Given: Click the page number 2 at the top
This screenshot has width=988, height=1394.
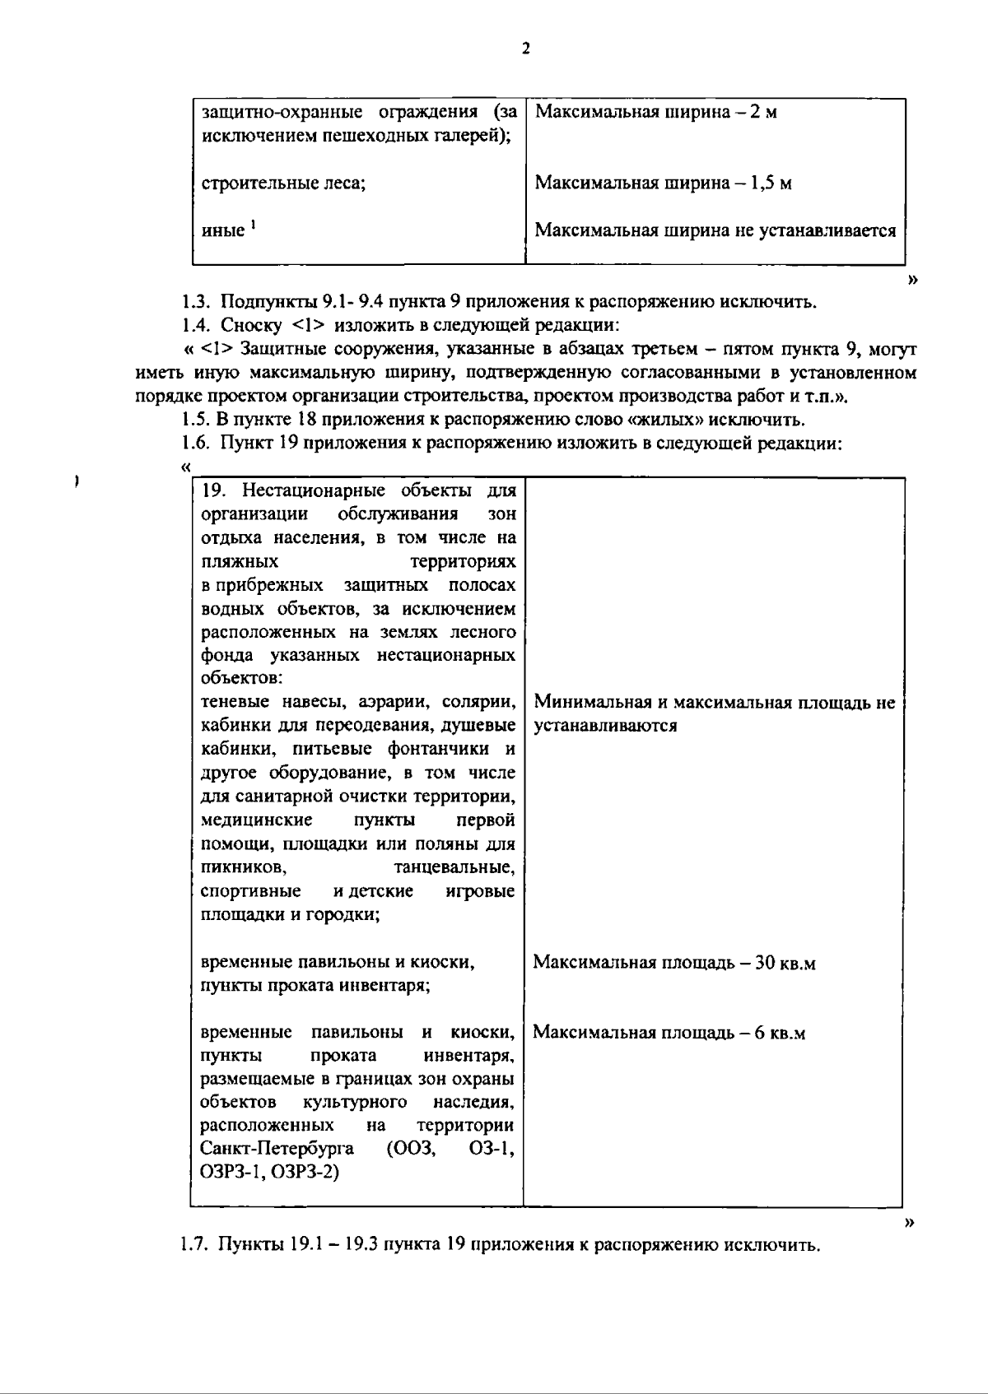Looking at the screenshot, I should click(x=525, y=48).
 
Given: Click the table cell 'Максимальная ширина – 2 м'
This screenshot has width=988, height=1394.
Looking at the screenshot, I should click(x=655, y=112).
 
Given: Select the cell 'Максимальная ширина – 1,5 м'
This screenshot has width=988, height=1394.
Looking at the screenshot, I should click(x=663, y=183).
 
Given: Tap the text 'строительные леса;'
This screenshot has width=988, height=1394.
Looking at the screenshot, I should click(x=283, y=183).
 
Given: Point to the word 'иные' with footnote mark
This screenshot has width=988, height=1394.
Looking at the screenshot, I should click(x=223, y=231).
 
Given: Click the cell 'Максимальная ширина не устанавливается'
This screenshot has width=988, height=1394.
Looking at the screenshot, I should click(x=715, y=230).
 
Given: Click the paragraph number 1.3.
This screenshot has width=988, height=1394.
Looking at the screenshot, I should click(x=198, y=302).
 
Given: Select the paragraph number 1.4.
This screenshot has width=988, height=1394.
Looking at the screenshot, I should click(x=198, y=325).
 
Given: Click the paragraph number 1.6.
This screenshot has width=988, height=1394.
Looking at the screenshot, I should click(x=198, y=444).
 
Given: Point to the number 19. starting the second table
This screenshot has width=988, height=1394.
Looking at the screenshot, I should click(x=212, y=491).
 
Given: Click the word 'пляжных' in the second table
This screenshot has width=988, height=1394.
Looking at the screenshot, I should click(x=239, y=562).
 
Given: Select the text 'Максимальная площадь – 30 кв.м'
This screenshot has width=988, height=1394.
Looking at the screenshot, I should click(x=673, y=963).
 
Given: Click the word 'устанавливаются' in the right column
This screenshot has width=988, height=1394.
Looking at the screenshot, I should click(x=605, y=726).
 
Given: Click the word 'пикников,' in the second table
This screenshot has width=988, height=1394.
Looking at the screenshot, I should click(x=243, y=868).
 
